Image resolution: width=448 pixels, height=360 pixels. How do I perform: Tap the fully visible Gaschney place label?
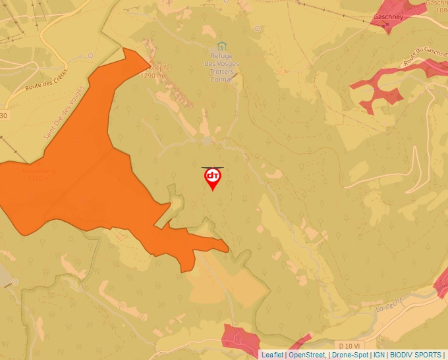coord(387,17)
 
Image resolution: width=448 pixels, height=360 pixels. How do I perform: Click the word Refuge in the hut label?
coord(221,55)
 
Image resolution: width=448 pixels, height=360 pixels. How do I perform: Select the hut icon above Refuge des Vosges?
coord(221,45)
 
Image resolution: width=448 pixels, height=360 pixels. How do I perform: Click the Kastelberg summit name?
coord(38,170)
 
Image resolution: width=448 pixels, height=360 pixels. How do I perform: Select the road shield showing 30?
coord(4,116)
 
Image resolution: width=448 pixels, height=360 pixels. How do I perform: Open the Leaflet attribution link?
coord(272,355)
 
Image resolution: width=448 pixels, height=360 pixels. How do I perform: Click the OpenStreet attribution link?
coord(306,355)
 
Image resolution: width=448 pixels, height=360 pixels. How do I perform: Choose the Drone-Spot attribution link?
coord(350,355)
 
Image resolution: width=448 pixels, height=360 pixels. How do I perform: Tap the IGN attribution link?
coord(379,355)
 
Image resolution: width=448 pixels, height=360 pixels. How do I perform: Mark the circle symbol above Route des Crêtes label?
coord(90,56)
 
